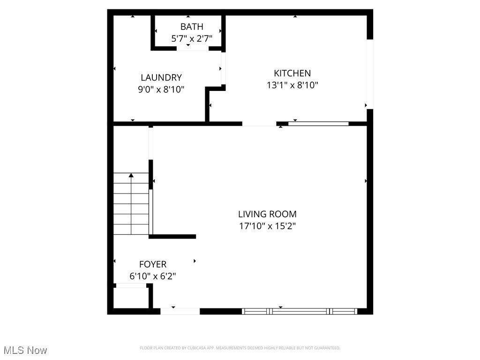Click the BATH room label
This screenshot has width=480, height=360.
point(192,27)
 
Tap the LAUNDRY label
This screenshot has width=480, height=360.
point(161,78)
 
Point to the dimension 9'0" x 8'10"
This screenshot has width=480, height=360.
point(161,90)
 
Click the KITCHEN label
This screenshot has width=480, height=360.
point(292,73)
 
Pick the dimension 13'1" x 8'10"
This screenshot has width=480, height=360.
point(292,85)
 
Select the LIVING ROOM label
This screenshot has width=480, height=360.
point(267,214)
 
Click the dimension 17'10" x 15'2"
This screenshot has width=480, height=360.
point(267,226)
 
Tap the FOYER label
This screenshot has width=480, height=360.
point(153,264)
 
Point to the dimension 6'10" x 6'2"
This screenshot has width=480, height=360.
point(153,276)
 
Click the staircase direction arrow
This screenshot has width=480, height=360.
point(131,175)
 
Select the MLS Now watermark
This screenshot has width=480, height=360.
point(25,350)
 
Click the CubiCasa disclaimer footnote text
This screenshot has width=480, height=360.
point(240,348)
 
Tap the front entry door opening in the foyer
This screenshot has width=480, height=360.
point(180,311)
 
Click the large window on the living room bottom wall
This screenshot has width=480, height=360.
point(300,311)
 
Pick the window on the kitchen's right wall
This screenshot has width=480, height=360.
point(369,74)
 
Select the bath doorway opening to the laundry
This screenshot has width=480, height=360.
point(192,49)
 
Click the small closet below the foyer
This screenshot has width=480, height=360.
point(131,298)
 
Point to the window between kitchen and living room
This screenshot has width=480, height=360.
point(318,124)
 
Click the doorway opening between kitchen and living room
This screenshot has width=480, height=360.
point(259,124)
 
